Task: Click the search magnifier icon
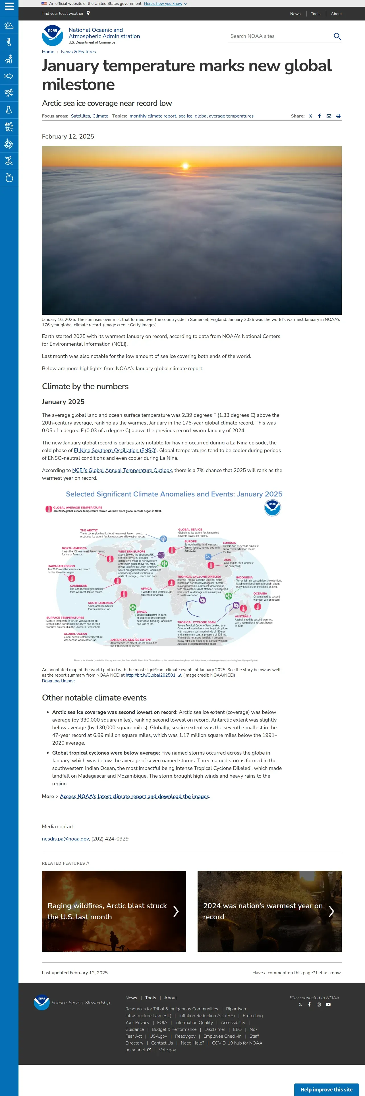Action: [x=337, y=36]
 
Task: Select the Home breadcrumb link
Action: [x=48, y=52]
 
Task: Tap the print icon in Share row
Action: [x=338, y=116]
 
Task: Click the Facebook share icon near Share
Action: [x=320, y=116]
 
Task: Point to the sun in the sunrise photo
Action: [x=185, y=166]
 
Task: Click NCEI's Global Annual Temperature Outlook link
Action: [x=122, y=470]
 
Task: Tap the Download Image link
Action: [x=58, y=681]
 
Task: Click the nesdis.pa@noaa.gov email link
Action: [x=65, y=839]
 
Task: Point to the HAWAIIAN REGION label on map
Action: [x=61, y=566]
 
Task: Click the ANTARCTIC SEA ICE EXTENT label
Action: [x=131, y=639]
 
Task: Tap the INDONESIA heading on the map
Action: [x=244, y=577]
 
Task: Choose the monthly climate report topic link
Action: [x=153, y=116]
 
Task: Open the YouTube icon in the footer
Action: [x=328, y=1005]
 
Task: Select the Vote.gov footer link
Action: [x=167, y=1050]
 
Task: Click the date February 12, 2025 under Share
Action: [x=68, y=137]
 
